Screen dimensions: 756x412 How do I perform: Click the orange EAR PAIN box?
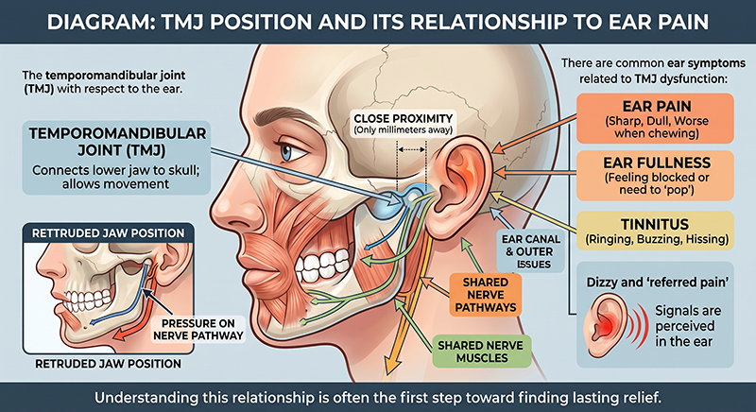tap(655, 118)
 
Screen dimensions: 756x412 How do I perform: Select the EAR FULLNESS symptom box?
tap(655, 176)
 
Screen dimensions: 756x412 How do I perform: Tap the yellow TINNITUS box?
tap(655, 231)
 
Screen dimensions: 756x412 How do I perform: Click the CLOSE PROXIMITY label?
tap(404, 124)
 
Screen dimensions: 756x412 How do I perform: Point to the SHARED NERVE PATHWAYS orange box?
tap(486, 295)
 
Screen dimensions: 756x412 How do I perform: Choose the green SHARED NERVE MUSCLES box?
tap(482, 352)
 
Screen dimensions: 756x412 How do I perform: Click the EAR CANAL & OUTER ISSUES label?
tap(531, 251)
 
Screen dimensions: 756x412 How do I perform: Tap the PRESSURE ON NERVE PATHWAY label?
tap(198, 330)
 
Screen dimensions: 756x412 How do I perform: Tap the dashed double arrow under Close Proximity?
tap(411, 150)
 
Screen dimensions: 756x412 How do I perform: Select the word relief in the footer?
tap(641, 398)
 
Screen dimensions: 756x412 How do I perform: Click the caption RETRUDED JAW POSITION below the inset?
tap(108, 363)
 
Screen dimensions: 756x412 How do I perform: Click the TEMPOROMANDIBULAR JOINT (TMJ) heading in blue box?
tap(117, 141)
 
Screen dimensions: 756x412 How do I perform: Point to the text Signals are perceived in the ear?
tap(684, 326)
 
